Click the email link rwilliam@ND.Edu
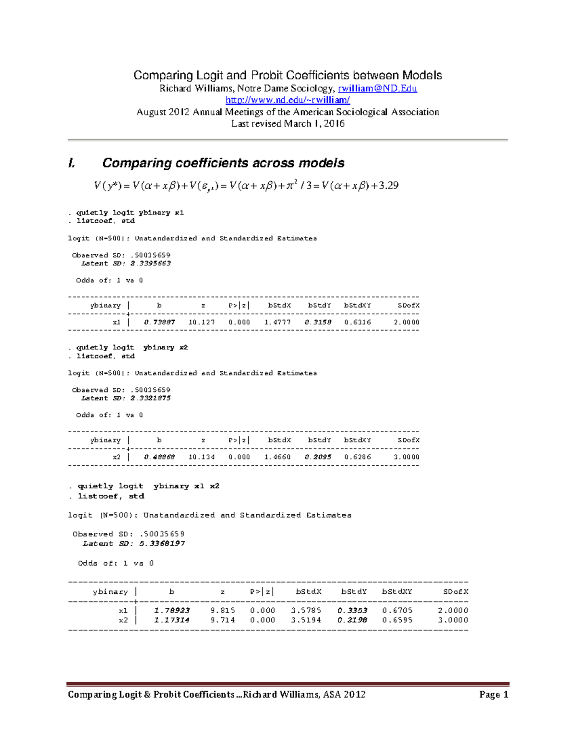377,88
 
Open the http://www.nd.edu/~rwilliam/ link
288,100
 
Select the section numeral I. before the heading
72,163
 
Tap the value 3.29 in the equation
388,186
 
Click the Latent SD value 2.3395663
150,263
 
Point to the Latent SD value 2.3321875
150,398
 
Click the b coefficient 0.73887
159,322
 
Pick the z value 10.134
202,457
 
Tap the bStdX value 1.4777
277,322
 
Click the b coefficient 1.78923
172,611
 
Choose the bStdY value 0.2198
352,620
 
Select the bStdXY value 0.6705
397,611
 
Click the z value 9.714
223,620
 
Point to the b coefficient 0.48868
159,457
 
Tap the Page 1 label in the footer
493,695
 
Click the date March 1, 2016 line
288,124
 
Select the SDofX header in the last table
455,592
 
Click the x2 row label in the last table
123,620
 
